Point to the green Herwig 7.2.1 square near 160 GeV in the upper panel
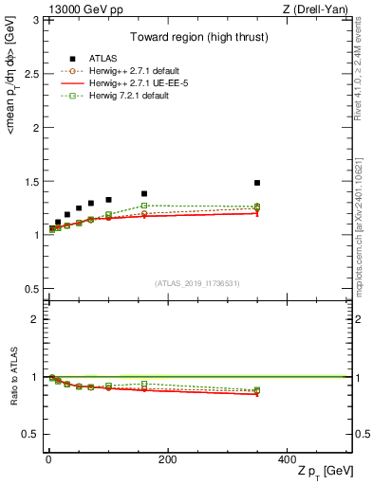[144, 206]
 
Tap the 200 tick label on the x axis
[167, 458]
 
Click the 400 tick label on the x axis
[286, 458]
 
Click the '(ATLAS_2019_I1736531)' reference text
[196, 284]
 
